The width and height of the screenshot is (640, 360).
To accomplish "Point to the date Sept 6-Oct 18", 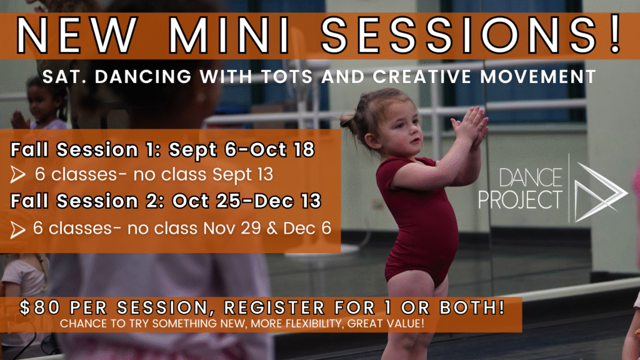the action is pos(242,150).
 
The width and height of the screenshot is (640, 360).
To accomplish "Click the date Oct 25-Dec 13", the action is pos(246,201).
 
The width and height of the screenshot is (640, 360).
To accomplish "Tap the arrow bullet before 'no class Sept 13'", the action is pos(17,175).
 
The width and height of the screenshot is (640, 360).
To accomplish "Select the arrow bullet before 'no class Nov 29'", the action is pos(17,230).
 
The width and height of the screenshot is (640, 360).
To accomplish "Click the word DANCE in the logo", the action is pos(531,178).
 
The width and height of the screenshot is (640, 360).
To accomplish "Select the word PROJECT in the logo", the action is pos(521,199).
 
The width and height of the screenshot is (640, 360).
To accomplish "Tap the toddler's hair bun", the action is pos(347,121).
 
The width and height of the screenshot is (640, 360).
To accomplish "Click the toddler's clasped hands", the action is pos(470,126).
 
